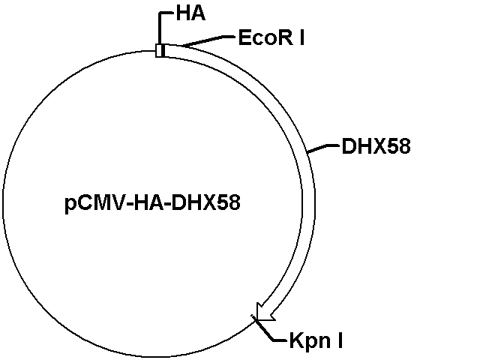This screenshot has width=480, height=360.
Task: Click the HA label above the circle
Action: pos(190,13)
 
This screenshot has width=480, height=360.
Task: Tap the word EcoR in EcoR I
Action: pos(265,38)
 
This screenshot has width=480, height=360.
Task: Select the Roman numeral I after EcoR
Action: pos(301,38)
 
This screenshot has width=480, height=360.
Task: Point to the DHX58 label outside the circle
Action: pos(376,146)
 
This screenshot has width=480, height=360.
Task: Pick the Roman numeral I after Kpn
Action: pos(340,340)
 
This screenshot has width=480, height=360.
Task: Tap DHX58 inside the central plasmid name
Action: pos(205,202)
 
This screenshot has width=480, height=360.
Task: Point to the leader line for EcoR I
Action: pos(208,40)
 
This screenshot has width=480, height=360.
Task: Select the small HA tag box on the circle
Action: pos(160,50)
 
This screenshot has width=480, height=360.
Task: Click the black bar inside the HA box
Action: pos(163,50)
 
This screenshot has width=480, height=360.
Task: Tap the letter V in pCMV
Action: pos(118,202)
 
